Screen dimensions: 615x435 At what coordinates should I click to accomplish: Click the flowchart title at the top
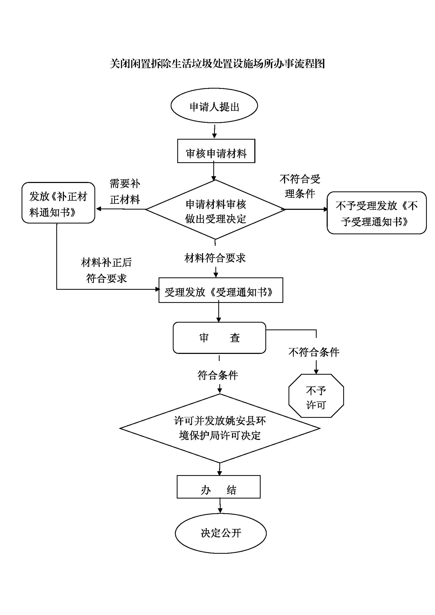click(217, 64)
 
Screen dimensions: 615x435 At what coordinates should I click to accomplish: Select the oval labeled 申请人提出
click(214, 106)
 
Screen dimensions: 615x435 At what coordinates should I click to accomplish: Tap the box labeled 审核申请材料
click(216, 151)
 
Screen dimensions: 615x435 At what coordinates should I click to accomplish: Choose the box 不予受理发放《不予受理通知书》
click(376, 213)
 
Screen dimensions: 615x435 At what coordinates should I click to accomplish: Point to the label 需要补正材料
click(125, 191)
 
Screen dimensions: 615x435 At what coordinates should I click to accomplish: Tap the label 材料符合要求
click(215, 258)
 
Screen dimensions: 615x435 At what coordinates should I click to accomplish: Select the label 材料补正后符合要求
click(106, 270)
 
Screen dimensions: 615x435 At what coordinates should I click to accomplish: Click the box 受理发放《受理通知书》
click(221, 291)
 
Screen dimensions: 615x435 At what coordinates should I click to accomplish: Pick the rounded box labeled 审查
click(219, 338)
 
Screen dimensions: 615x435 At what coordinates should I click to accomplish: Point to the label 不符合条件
click(314, 352)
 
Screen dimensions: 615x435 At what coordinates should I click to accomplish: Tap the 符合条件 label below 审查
click(218, 375)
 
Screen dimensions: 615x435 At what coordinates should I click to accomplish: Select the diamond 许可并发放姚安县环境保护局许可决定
click(220, 428)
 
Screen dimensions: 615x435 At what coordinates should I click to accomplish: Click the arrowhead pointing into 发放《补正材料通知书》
click(98, 209)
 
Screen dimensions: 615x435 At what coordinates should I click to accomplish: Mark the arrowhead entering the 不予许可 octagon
click(316, 372)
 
